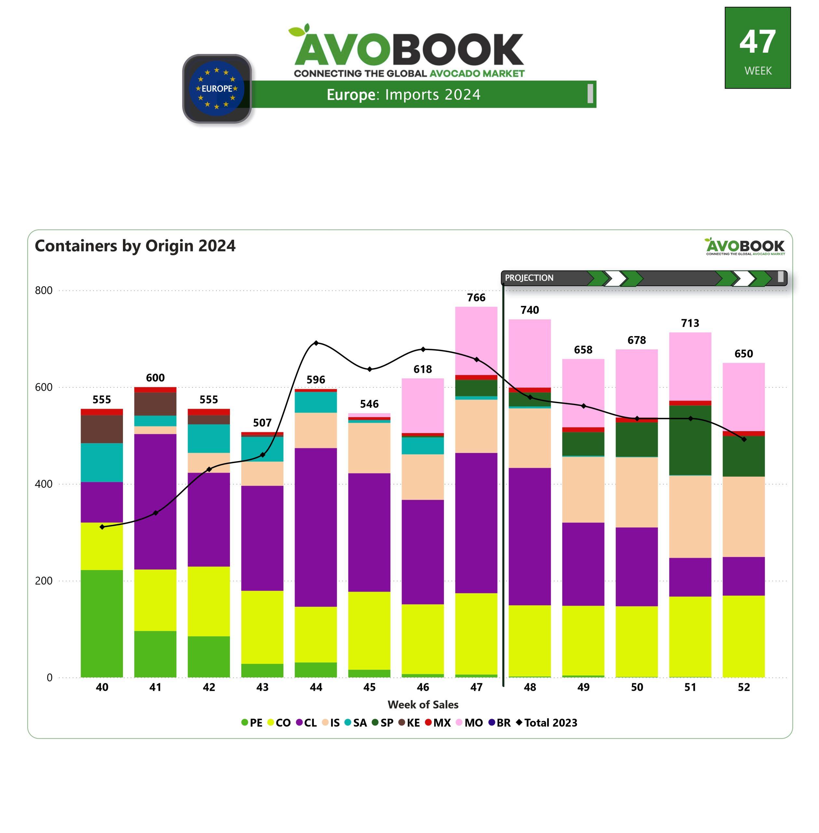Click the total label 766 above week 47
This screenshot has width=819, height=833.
pyautogui.click(x=476, y=297)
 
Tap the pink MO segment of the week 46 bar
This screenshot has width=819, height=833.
pyautogui.click(x=423, y=405)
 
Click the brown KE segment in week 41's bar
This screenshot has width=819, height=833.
pyautogui.click(x=155, y=403)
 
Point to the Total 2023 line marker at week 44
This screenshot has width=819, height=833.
pyautogui.click(x=316, y=343)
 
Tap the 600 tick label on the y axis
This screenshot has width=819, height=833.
pyautogui.click(x=44, y=387)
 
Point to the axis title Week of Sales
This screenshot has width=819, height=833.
pyautogui.click(x=423, y=704)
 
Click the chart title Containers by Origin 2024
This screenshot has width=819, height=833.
pyautogui.click(x=135, y=246)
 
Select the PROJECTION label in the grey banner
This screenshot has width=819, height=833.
pyautogui.click(x=529, y=278)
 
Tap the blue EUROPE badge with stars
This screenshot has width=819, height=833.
pyautogui.click(x=217, y=89)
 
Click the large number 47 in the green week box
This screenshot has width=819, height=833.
pyautogui.click(x=758, y=42)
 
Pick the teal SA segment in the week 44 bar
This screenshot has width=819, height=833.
pyautogui.click(x=316, y=402)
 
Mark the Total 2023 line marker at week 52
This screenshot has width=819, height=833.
pyautogui.click(x=744, y=439)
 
